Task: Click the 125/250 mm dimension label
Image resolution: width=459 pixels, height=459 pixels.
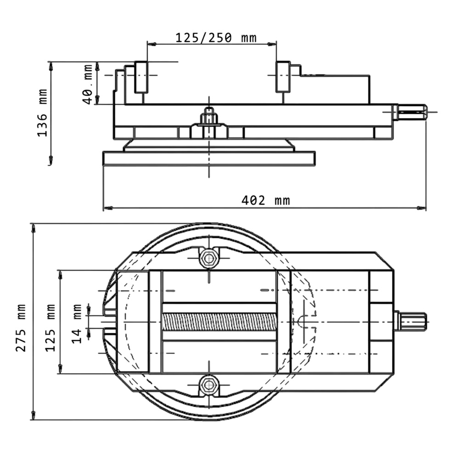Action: (x=216, y=38)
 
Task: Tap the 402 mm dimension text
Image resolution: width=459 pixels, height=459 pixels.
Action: (x=266, y=201)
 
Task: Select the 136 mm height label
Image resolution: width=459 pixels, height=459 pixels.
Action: (x=42, y=113)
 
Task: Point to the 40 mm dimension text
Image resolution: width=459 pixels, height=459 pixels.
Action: (x=88, y=84)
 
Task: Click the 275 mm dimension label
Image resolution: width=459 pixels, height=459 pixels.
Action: (x=21, y=328)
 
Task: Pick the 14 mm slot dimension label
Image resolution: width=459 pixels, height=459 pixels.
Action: (x=76, y=324)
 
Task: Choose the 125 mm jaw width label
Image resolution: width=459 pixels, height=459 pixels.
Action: (x=50, y=328)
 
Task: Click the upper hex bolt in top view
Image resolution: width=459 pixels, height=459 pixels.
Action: (x=209, y=258)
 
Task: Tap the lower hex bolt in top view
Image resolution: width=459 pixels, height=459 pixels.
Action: (x=209, y=385)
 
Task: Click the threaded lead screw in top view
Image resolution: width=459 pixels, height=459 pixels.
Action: (x=219, y=322)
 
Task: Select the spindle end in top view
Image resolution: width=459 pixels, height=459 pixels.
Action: (x=410, y=322)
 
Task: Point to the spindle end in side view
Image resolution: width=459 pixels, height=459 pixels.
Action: (x=410, y=112)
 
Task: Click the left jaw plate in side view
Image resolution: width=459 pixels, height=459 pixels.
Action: (x=141, y=77)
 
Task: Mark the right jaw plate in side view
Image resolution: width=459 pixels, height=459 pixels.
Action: (x=283, y=77)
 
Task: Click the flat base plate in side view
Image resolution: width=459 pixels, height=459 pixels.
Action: (x=209, y=158)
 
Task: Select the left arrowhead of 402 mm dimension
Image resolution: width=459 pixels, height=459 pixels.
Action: (x=108, y=208)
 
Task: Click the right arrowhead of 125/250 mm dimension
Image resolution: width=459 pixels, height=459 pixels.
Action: (x=272, y=44)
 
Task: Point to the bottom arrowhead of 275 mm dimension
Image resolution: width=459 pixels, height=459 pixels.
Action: (x=34, y=415)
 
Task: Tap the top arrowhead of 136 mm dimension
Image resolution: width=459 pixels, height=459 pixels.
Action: (x=50, y=67)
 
